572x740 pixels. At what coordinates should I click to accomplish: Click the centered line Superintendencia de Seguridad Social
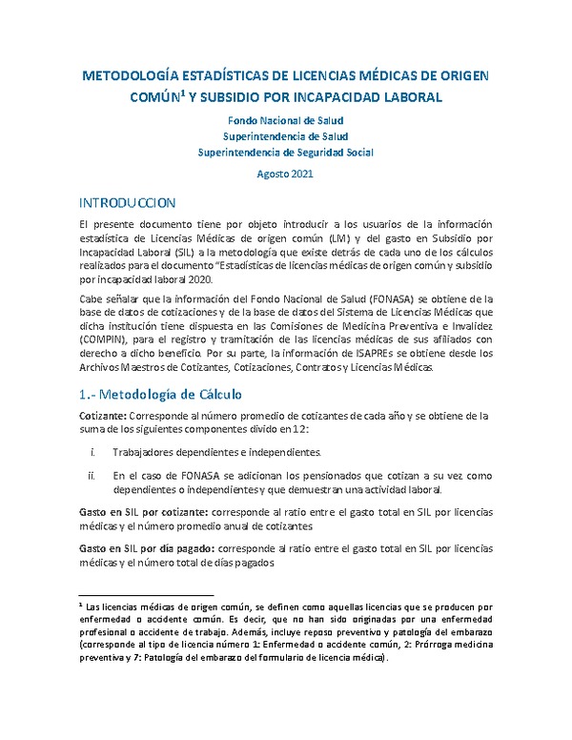[x=285, y=153]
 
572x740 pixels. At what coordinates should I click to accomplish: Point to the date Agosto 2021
[x=285, y=175]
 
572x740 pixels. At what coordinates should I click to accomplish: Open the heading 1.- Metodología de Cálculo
[x=162, y=394]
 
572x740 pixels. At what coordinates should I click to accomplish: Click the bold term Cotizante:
[x=108, y=416]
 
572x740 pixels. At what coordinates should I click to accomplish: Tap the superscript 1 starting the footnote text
[x=80, y=604]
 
